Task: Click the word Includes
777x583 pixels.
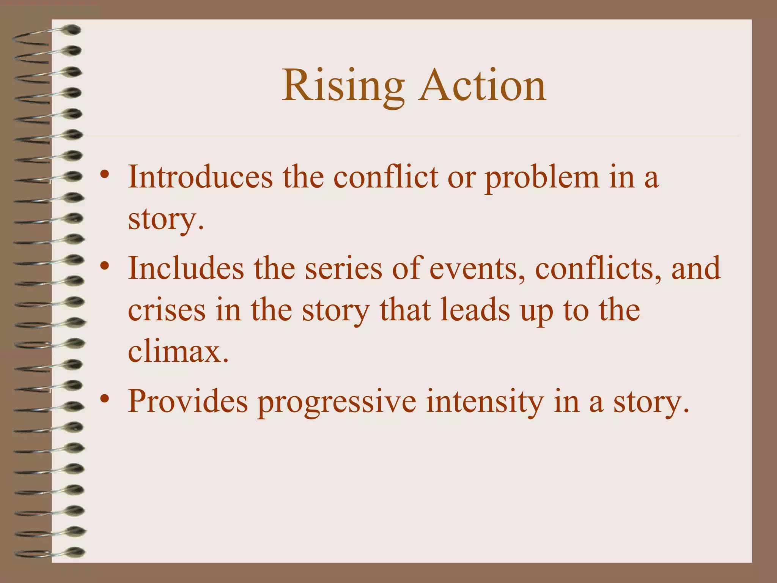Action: tap(186, 268)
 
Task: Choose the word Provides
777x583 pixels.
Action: tap(188, 402)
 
